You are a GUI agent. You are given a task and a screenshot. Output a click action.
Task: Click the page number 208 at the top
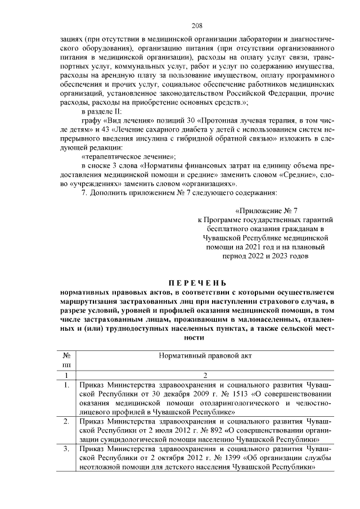click(x=197, y=26)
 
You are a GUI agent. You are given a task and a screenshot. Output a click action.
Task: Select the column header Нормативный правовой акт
click(x=205, y=356)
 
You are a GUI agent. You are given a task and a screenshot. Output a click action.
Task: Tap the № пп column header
click(x=66, y=361)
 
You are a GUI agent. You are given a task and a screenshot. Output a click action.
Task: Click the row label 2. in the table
click(x=66, y=421)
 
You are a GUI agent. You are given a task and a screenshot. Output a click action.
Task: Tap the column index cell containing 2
click(x=205, y=375)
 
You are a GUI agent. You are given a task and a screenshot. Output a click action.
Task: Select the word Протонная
click(x=210, y=120)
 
